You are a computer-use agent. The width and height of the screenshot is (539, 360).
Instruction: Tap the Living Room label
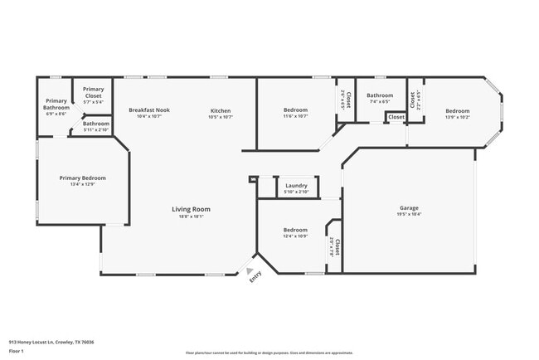point(191,209)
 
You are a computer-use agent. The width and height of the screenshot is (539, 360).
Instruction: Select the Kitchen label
point(221,110)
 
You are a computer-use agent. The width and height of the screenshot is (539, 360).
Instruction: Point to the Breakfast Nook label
point(149,110)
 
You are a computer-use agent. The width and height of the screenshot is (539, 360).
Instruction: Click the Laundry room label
point(296,186)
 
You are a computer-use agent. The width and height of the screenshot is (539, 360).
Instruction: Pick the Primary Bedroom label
point(82,178)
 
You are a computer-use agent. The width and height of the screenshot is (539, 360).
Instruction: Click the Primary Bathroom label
point(56,105)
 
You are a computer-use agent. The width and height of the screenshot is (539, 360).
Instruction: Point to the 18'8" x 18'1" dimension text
point(191,216)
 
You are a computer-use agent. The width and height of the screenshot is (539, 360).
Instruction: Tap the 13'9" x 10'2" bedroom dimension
point(457,117)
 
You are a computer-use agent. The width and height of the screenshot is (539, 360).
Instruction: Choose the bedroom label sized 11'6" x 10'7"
point(296,110)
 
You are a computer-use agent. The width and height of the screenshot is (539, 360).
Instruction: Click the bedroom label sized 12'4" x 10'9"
point(296,230)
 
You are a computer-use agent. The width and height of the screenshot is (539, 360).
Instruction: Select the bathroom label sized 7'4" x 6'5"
point(380,95)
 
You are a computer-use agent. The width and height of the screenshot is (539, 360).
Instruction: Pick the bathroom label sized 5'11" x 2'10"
point(95,124)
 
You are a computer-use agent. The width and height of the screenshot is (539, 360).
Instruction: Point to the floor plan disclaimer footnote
point(269,353)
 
